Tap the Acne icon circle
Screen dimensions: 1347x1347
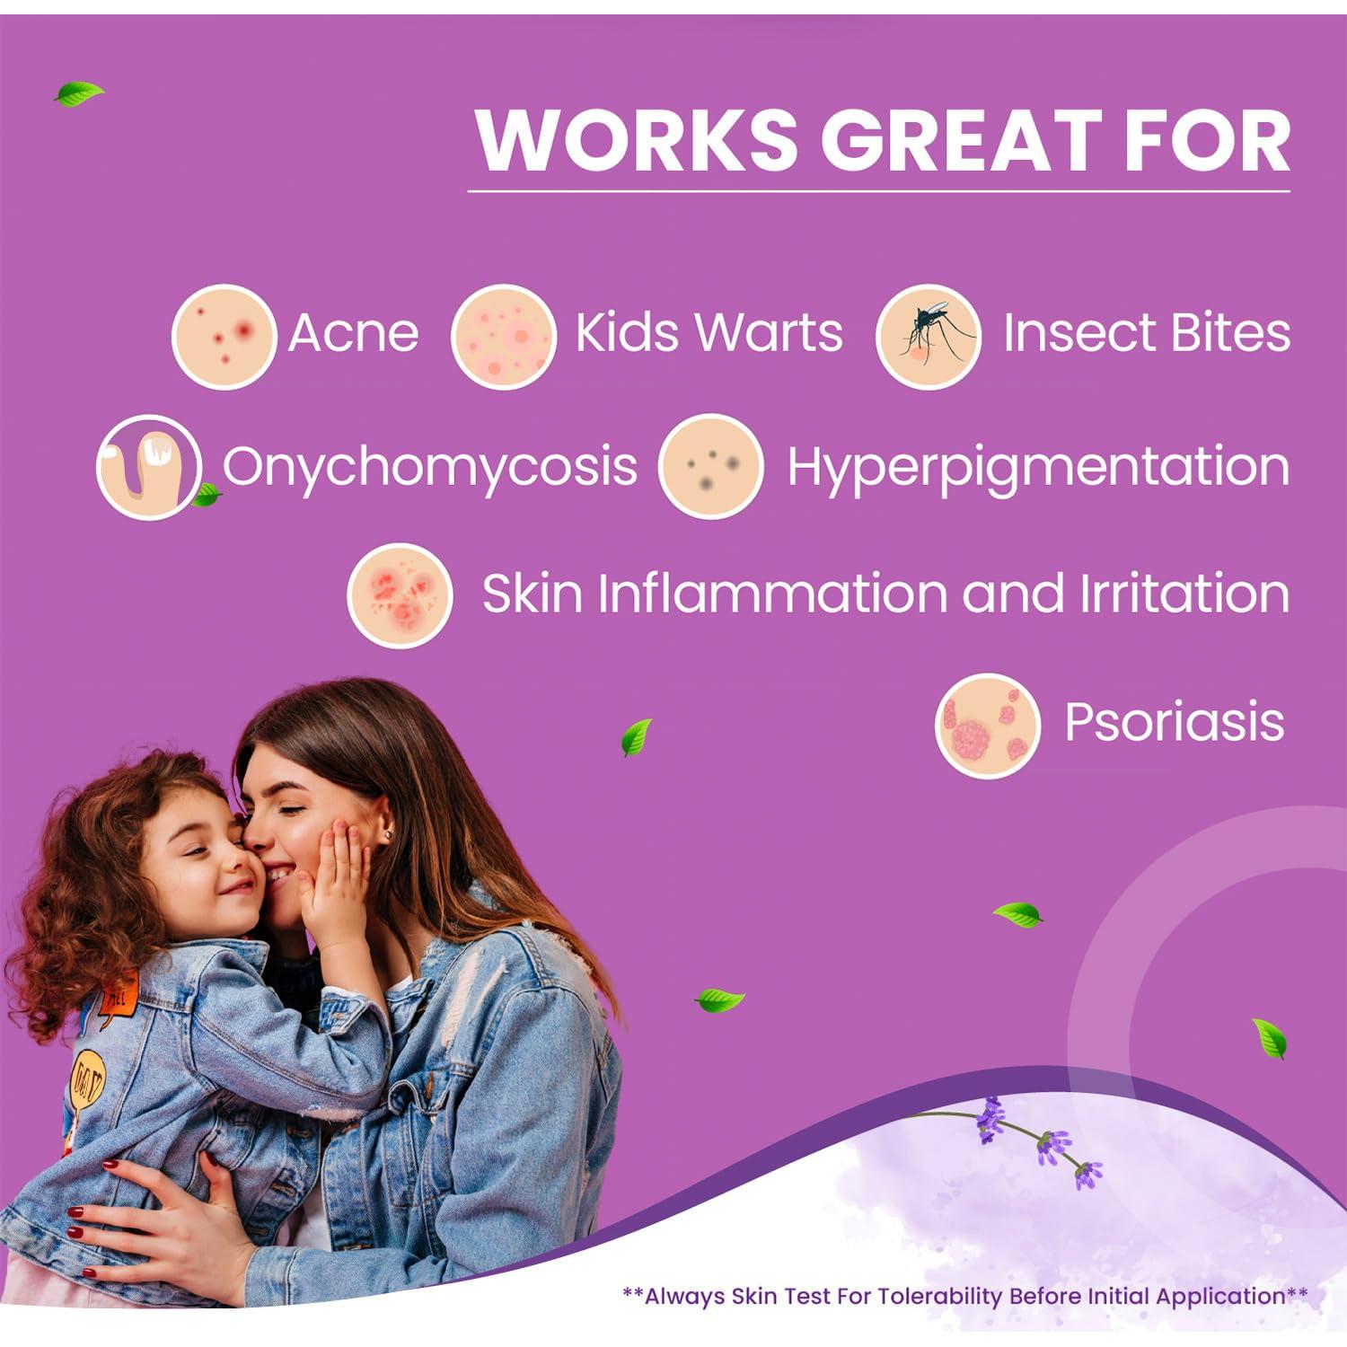click(224, 337)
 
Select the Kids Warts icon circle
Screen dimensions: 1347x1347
click(504, 337)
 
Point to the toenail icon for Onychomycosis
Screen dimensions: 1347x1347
click(149, 467)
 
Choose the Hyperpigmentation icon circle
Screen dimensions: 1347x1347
click(710, 466)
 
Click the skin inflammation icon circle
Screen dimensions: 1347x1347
click(400, 595)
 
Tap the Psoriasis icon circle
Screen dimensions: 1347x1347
click(988, 726)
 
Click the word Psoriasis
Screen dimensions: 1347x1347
click(1175, 722)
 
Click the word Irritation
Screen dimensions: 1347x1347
click(1184, 594)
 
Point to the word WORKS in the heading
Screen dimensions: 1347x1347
click(637, 140)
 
